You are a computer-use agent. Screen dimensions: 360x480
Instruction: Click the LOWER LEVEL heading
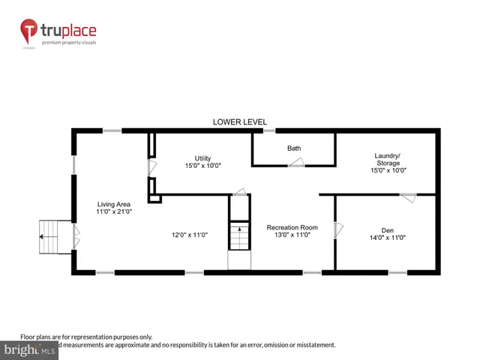[239, 122]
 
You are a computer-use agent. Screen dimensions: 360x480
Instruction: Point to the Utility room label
[202, 157]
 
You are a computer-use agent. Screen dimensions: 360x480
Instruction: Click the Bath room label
[294, 148]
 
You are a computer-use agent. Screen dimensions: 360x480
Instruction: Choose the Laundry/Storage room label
[388, 159]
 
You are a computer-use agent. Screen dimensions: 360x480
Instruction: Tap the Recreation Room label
[292, 226]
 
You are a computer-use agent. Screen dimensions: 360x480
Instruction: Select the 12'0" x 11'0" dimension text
[189, 235]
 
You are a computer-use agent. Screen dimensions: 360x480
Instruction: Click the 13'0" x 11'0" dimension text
[292, 235]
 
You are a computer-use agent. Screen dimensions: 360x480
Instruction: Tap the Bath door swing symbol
[297, 163]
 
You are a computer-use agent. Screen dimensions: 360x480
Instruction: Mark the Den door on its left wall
[338, 228]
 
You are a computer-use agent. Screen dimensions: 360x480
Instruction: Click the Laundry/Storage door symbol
[408, 197]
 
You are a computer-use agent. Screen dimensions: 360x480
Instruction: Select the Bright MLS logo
[30, 350]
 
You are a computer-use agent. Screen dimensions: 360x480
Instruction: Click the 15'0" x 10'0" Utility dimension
[202, 166]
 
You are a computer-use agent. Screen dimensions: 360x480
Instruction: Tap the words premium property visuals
[73, 42]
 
